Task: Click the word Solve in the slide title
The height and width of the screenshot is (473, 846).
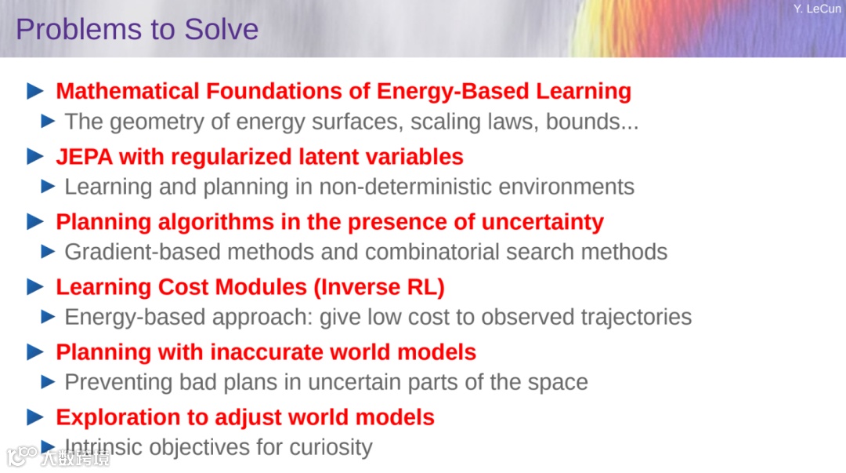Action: [221, 29]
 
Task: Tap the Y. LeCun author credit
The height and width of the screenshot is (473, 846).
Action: [817, 9]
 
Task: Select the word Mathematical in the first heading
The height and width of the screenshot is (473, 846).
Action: [128, 91]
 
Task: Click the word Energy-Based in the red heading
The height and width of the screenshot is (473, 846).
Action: [453, 91]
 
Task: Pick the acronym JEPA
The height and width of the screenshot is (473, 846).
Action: [84, 157]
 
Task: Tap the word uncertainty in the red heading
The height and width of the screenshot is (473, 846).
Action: [542, 222]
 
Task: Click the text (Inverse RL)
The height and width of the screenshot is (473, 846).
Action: [379, 287]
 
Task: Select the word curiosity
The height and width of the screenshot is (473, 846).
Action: [331, 448]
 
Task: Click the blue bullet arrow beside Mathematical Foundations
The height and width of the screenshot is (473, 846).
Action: [35, 91]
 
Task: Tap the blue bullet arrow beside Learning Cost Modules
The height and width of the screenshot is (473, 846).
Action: [35, 286]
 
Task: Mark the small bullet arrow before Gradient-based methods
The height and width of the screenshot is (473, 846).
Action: [48, 251]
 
